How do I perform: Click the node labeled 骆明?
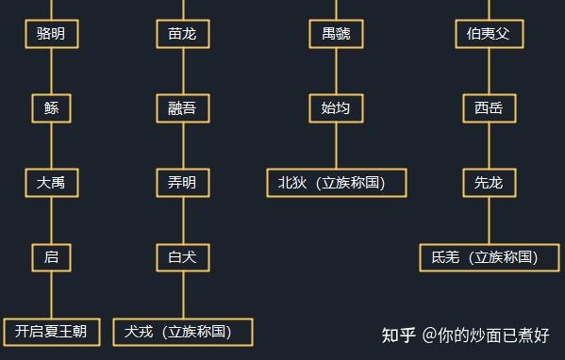[x=51, y=35]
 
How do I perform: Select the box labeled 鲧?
[x=51, y=108]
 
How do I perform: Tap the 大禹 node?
[x=51, y=183]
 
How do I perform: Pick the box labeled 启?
[x=51, y=256]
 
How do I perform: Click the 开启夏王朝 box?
[x=51, y=331]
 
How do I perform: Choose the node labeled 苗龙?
[x=182, y=35]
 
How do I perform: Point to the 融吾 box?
[x=182, y=108]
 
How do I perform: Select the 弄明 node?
[x=182, y=183]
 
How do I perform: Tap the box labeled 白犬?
[x=182, y=256]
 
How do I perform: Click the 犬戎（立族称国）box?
[x=184, y=331]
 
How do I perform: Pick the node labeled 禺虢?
[x=336, y=35]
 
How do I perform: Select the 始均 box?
[x=336, y=108]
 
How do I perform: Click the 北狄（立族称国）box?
[x=337, y=183]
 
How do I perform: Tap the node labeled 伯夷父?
[x=489, y=35]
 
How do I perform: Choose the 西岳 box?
[x=489, y=108]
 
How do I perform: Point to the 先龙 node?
[x=489, y=183]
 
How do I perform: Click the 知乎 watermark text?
[x=398, y=335]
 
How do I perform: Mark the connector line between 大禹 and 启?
[x=51, y=220]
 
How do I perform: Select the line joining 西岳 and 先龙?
[x=489, y=146]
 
